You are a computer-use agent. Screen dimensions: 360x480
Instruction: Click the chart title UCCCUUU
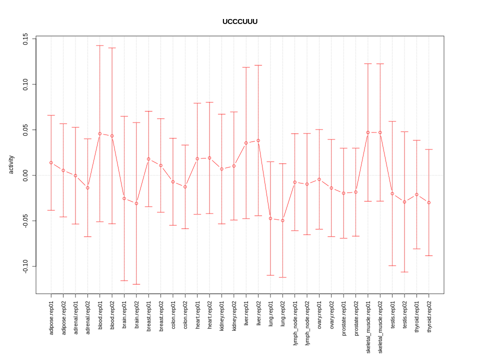(240, 21)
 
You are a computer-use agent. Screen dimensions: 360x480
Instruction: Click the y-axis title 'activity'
(11, 164)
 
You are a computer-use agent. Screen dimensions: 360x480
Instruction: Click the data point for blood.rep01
(100, 133)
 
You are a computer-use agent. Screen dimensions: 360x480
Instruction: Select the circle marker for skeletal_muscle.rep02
(380, 132)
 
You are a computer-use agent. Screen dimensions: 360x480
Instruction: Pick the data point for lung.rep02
(282, 220)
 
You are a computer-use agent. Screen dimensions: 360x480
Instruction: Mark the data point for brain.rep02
(136, 203)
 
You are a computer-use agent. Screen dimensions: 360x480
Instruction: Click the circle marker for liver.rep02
(258, 140)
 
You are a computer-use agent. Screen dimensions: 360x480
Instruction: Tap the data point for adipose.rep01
(51, 162)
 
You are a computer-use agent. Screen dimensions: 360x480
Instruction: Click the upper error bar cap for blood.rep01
(100, 45)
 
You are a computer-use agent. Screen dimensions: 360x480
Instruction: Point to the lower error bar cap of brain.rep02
(136, 284)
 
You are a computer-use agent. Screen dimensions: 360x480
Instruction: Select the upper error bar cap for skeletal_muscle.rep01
(368, 64)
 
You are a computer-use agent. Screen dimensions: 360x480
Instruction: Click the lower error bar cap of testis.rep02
(404, 272)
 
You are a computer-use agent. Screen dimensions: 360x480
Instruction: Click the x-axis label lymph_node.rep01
(295, 323)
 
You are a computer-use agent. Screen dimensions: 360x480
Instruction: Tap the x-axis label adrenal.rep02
(87, 317)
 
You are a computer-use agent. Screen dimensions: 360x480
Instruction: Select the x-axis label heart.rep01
(197, 314)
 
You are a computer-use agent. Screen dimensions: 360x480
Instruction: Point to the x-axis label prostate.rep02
(356, 318)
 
